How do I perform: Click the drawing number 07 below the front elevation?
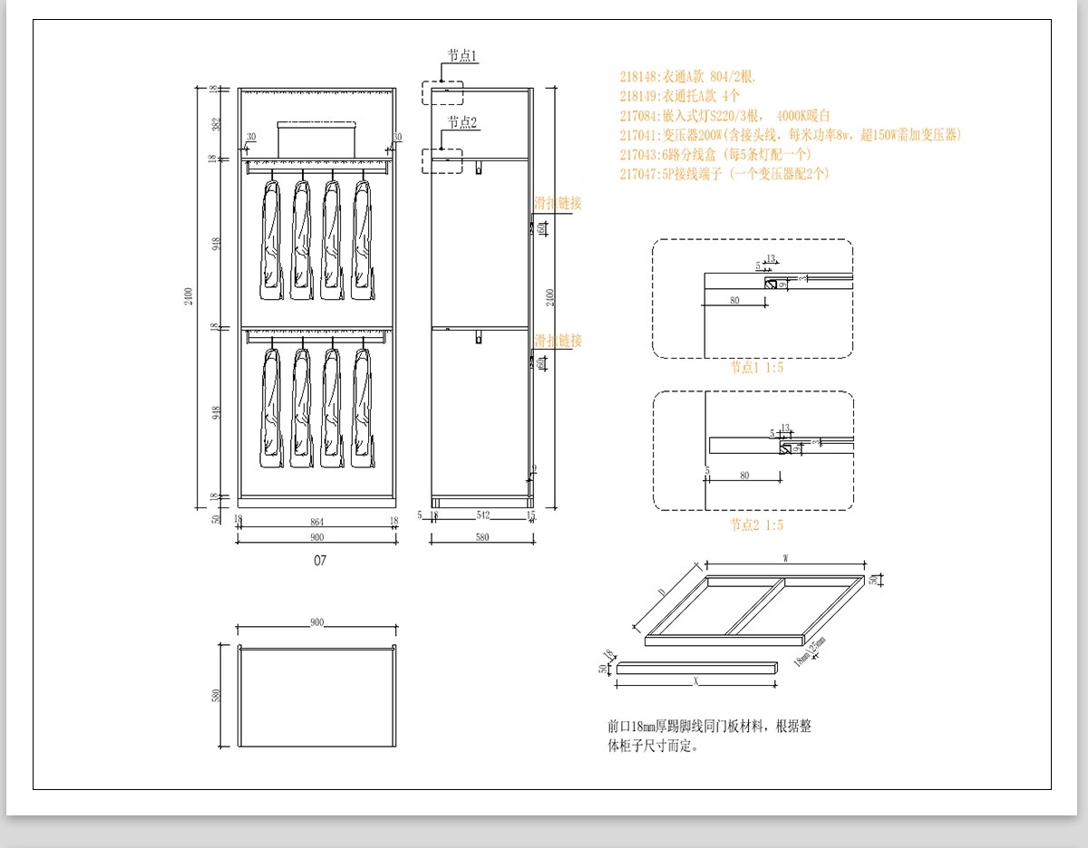point(320,561)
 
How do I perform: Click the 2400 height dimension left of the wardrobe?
point(189,295)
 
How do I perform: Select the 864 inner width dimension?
point(316,521)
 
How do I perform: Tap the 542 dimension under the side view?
point(482,516)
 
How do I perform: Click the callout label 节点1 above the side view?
point(462,56)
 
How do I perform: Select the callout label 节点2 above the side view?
point(462,122)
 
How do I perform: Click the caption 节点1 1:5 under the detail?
point(757,368)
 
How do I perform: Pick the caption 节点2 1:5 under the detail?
point(757,525)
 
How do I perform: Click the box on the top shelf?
point(318,138)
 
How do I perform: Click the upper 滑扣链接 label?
point(558,204)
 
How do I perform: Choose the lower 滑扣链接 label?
point(558,341)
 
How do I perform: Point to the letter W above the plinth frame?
point(784,559)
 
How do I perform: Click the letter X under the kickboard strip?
point(695,679)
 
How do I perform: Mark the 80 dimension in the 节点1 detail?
point(733,300)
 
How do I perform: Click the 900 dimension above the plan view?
point(316,622)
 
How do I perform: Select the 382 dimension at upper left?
point(216,124)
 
